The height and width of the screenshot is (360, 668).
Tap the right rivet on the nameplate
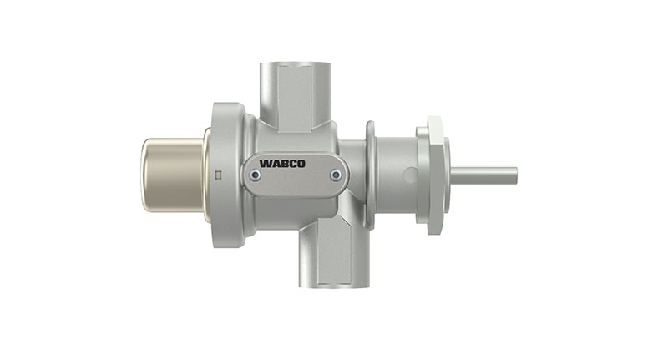[x=336, y=175]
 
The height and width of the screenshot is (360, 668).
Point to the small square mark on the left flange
[x=218, y=175]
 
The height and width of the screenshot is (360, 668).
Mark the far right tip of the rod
[x=515, y=175]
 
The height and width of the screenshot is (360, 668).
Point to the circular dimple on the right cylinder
[x=409, y=175]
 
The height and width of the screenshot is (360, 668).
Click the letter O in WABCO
[x=301, y=164]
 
